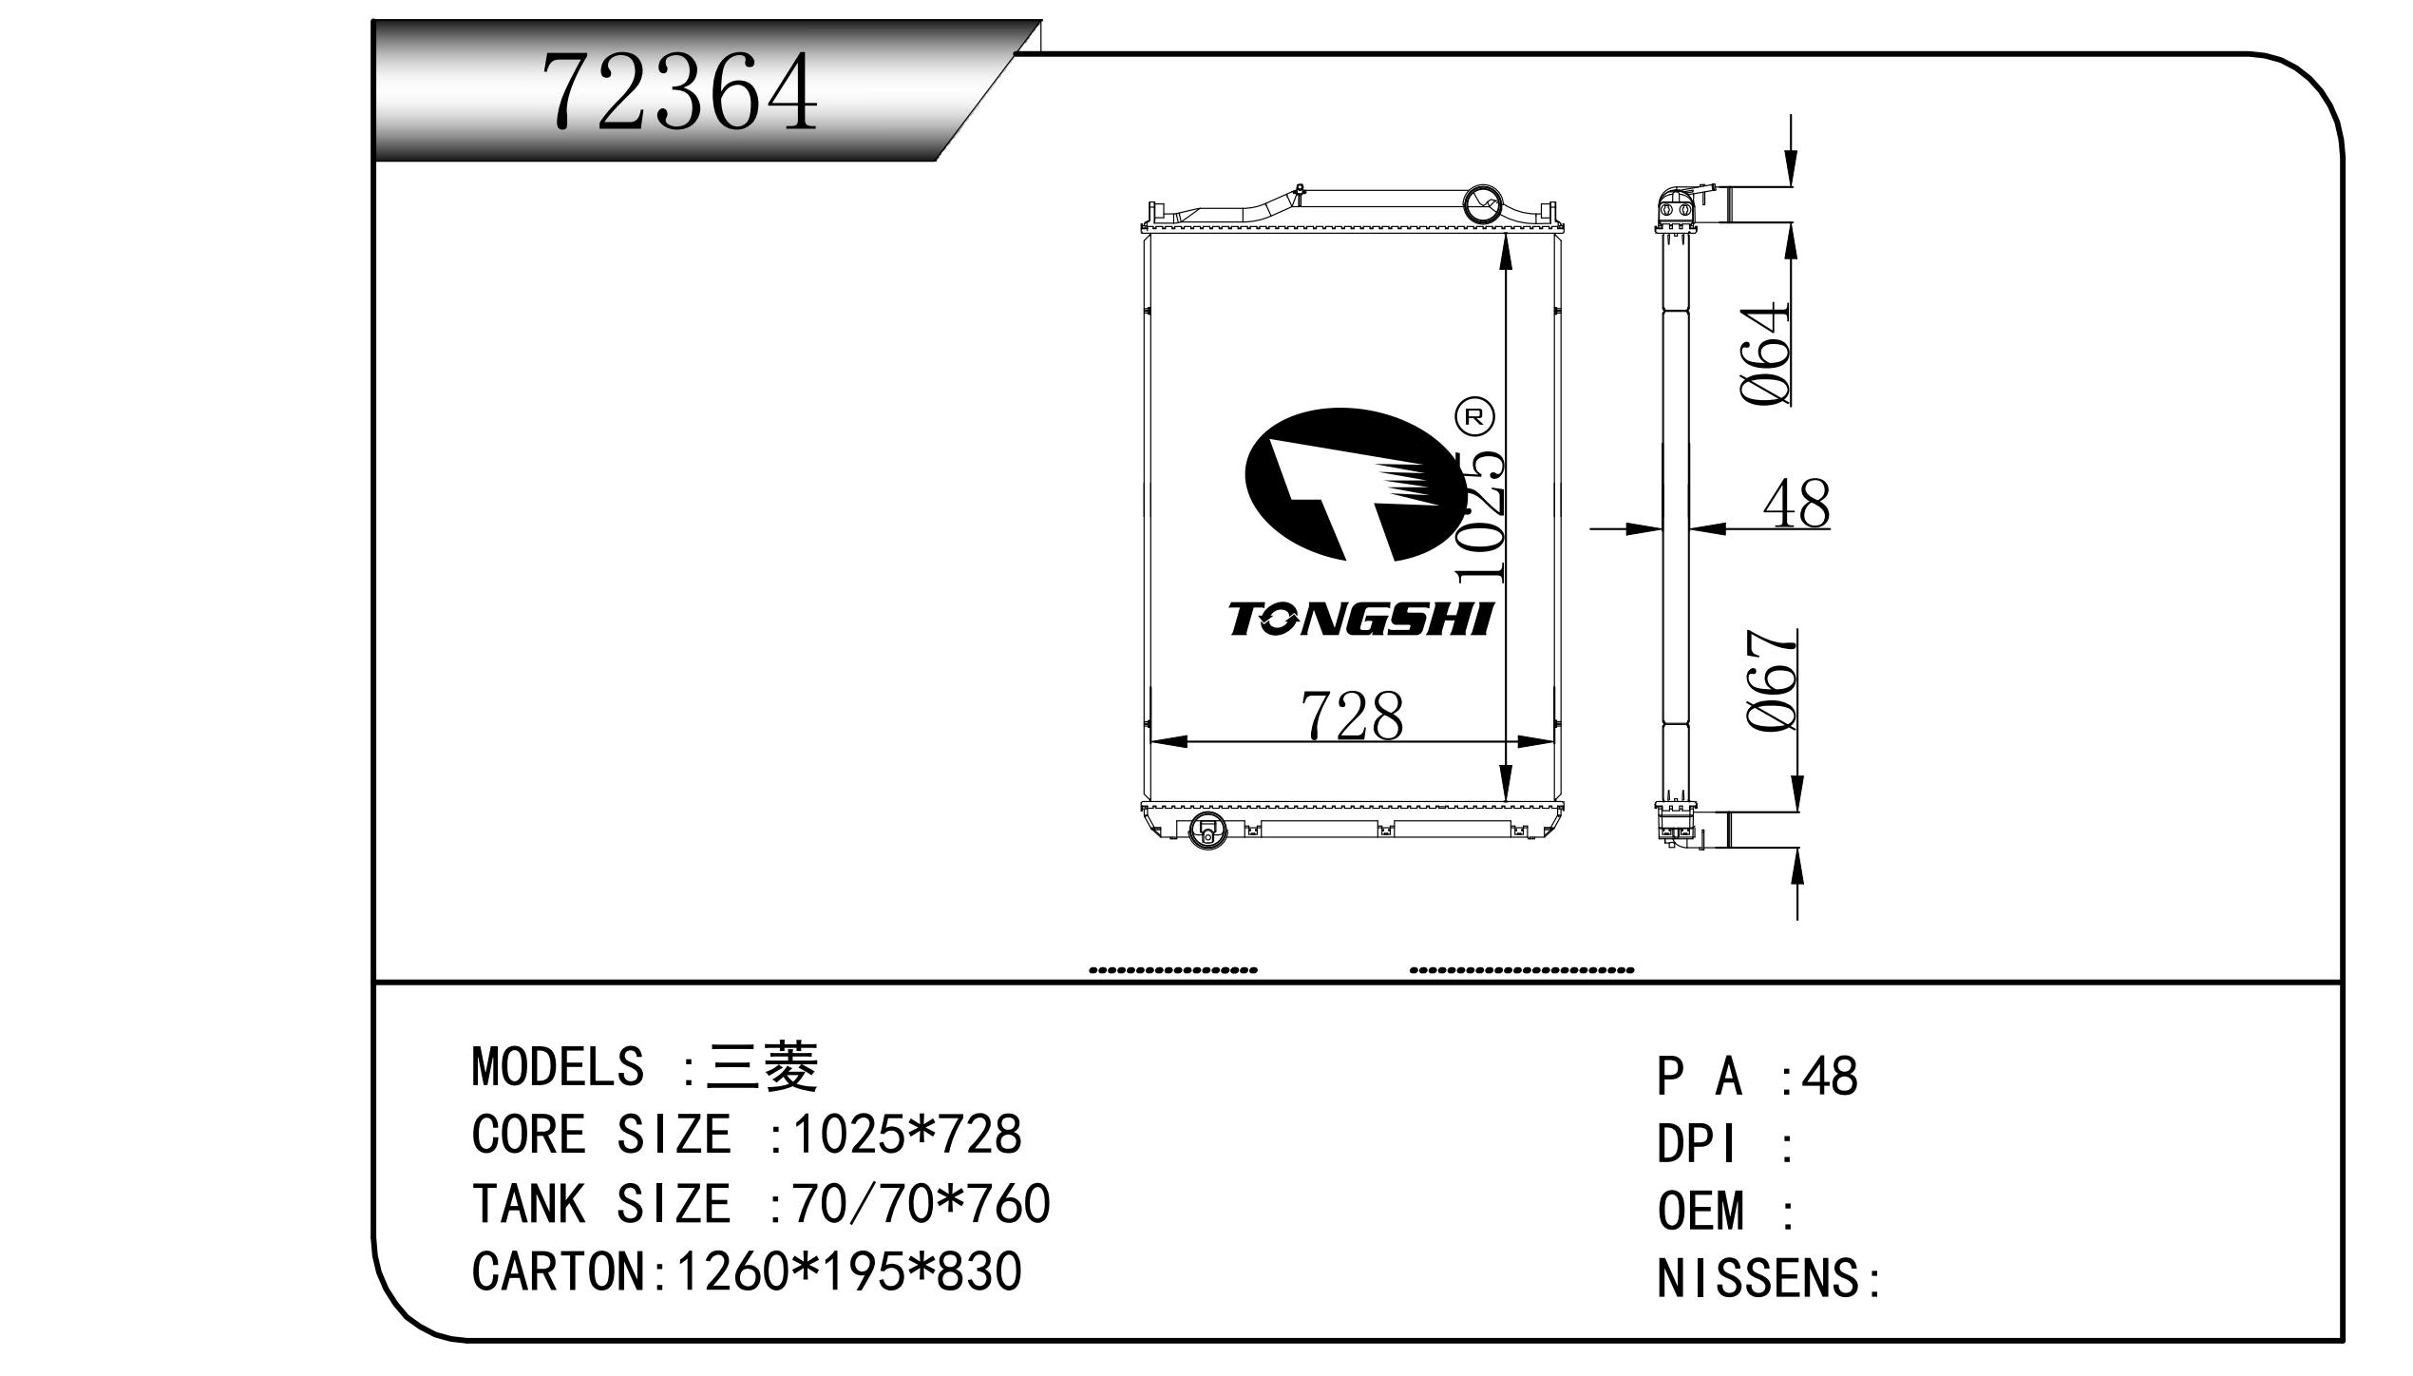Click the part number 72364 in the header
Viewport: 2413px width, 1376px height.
click(680, 92)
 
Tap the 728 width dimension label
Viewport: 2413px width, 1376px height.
click(1351, 716)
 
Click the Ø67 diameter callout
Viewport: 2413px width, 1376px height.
click(1772, 679)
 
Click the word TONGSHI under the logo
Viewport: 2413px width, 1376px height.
click(1361, 619)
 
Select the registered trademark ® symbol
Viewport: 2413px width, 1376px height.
click(1474, 416)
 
